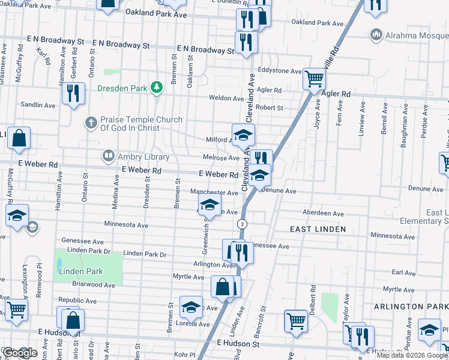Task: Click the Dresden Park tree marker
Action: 157,88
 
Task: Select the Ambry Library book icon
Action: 108,156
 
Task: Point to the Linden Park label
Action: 81,271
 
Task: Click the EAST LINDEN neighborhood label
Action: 318,229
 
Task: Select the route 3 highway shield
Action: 241,224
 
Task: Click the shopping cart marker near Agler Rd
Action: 314,79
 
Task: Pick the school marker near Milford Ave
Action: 243,135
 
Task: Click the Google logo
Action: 19,353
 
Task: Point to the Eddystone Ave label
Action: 280,71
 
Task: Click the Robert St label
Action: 269,108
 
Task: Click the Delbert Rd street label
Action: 313,297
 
